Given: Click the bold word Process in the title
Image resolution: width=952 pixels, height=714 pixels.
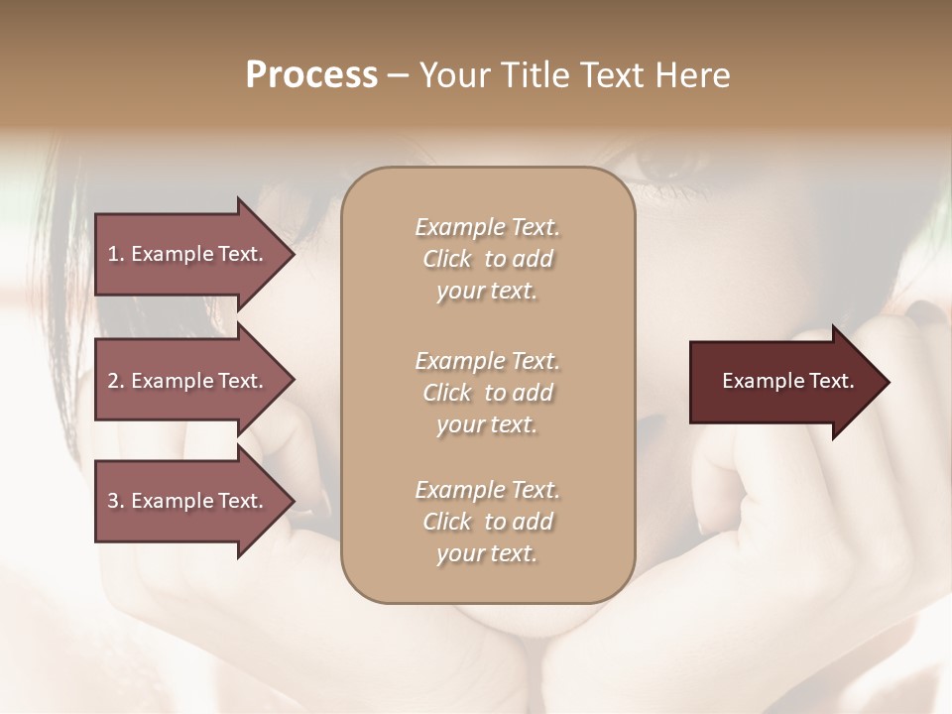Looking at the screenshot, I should coord(311,75).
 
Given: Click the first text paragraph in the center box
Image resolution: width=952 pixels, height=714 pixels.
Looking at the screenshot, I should coord(487,259).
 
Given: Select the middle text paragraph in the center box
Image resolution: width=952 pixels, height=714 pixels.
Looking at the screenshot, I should coord(487,393).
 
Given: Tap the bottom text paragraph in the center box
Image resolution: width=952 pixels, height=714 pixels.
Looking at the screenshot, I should coord(487,522).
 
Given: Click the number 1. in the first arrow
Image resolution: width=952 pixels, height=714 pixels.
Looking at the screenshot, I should coord(116,254).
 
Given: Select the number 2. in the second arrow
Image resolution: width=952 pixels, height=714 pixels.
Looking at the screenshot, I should coord(116,381).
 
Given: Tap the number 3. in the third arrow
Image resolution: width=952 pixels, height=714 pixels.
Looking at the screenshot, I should coord(116,501).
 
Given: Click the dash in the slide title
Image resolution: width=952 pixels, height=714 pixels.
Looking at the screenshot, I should coord(398,76).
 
